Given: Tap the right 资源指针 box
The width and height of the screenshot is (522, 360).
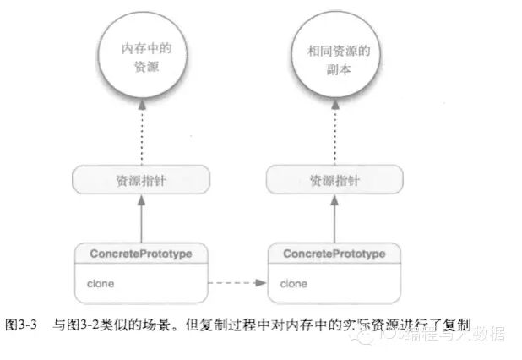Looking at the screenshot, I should point(334,178).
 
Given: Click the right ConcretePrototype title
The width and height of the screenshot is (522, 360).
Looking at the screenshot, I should point(334,253).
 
